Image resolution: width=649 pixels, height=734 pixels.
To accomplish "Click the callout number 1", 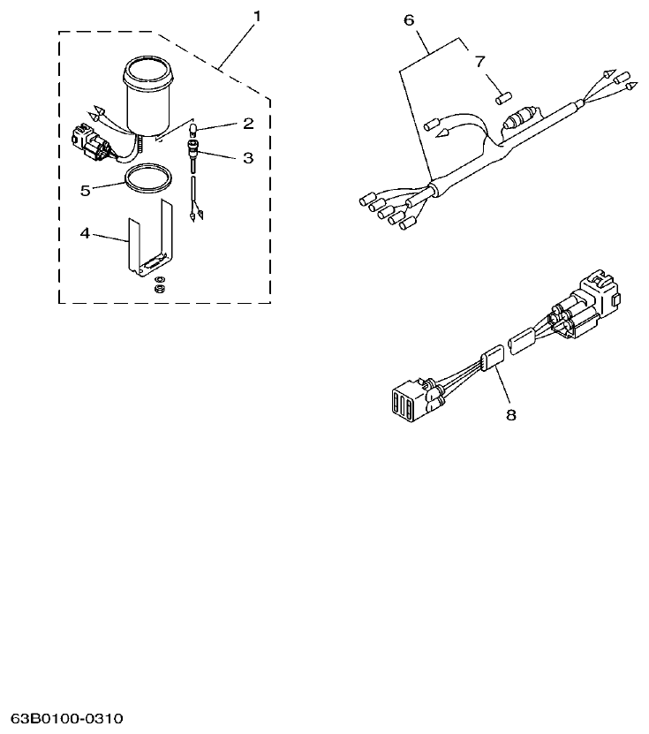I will click(257, 15).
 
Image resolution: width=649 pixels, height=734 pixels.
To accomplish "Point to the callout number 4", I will click(85, 233).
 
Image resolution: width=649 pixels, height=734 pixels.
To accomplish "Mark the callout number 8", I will click(510, 412).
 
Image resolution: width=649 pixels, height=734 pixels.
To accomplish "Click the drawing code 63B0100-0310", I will click(67, 716).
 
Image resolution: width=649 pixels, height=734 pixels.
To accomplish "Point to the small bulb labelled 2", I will click(192, 132).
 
